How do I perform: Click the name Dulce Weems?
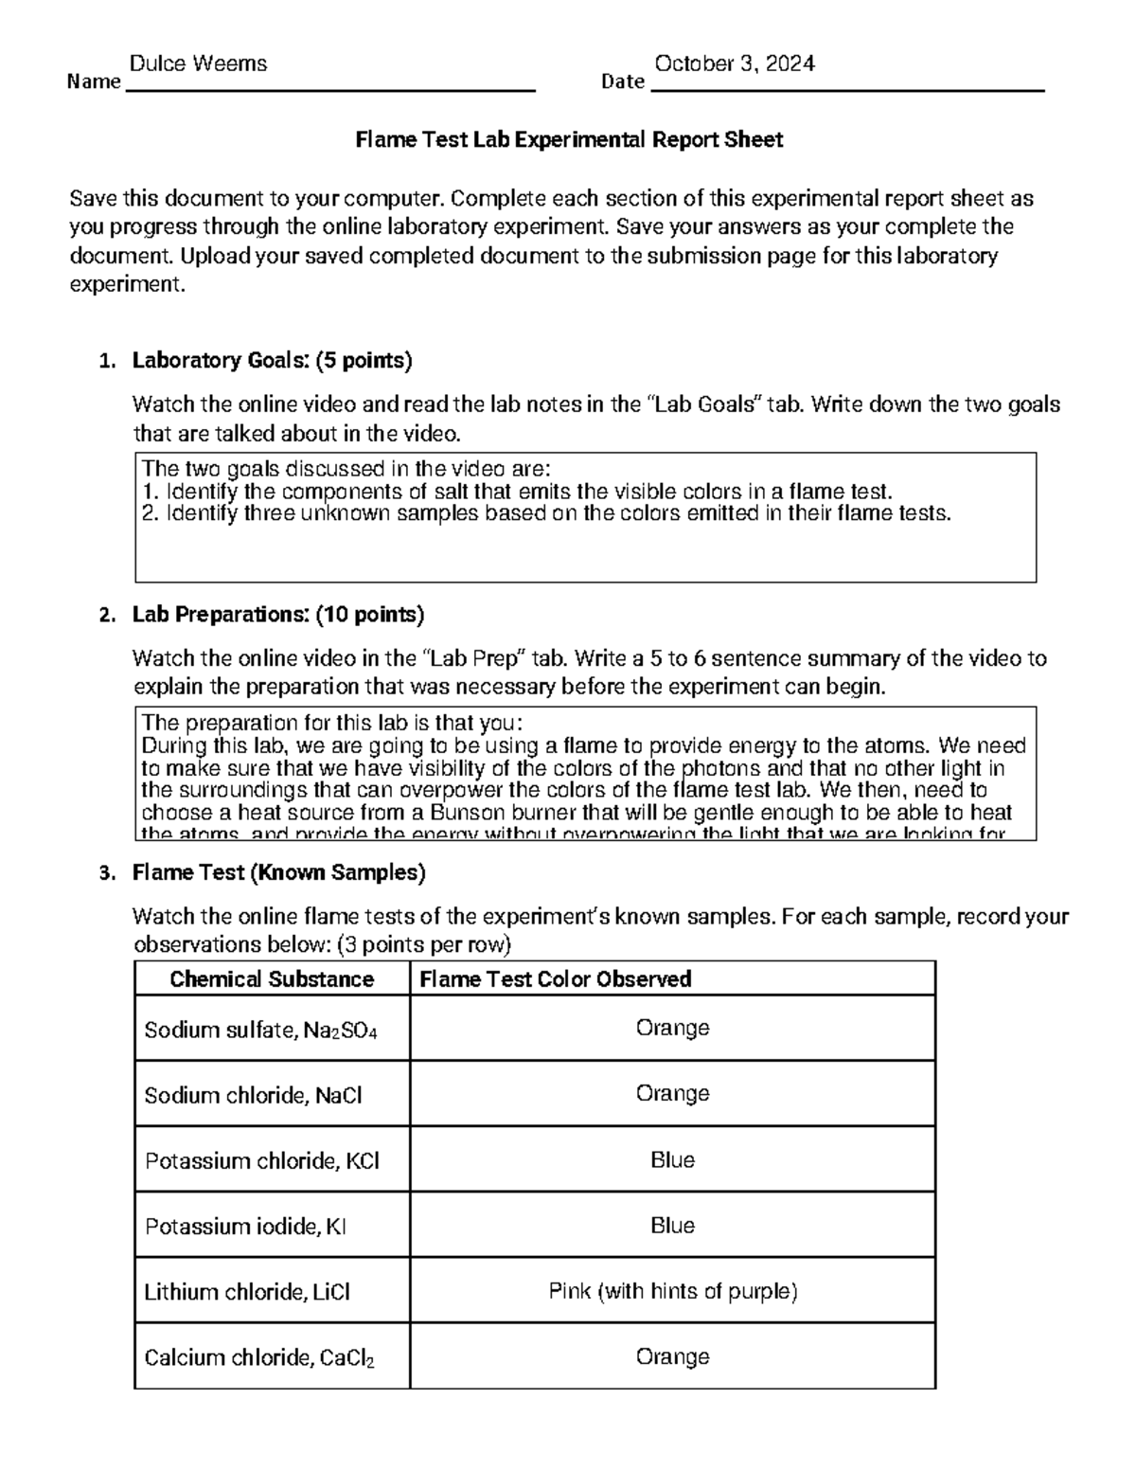[198, 63]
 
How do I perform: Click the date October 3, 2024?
[735, 63]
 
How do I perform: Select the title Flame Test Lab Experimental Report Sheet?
[568, 140]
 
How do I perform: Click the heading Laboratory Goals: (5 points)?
[272, 360]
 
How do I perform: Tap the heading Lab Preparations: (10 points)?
[277, 615]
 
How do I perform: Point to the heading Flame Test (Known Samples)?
[278, 872]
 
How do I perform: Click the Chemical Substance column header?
[272, 979]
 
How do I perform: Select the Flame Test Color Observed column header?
[555, 979]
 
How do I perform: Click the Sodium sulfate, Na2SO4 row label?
[260, 1030]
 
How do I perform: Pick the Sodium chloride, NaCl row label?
[253, 1095]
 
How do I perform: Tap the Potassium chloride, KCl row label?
[261, 1161]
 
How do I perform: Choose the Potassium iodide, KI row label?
[245, 1227]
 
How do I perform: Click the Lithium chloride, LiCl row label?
[247, 1292]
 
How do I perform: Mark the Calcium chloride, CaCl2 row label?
[258, 1358]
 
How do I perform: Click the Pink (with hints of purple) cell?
[672, 1291]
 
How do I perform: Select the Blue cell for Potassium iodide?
[672, 1226]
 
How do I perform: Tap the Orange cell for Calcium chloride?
[672, 1356]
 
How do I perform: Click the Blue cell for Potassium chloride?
[672, 1160]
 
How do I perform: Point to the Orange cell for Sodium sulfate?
[672, 1028]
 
